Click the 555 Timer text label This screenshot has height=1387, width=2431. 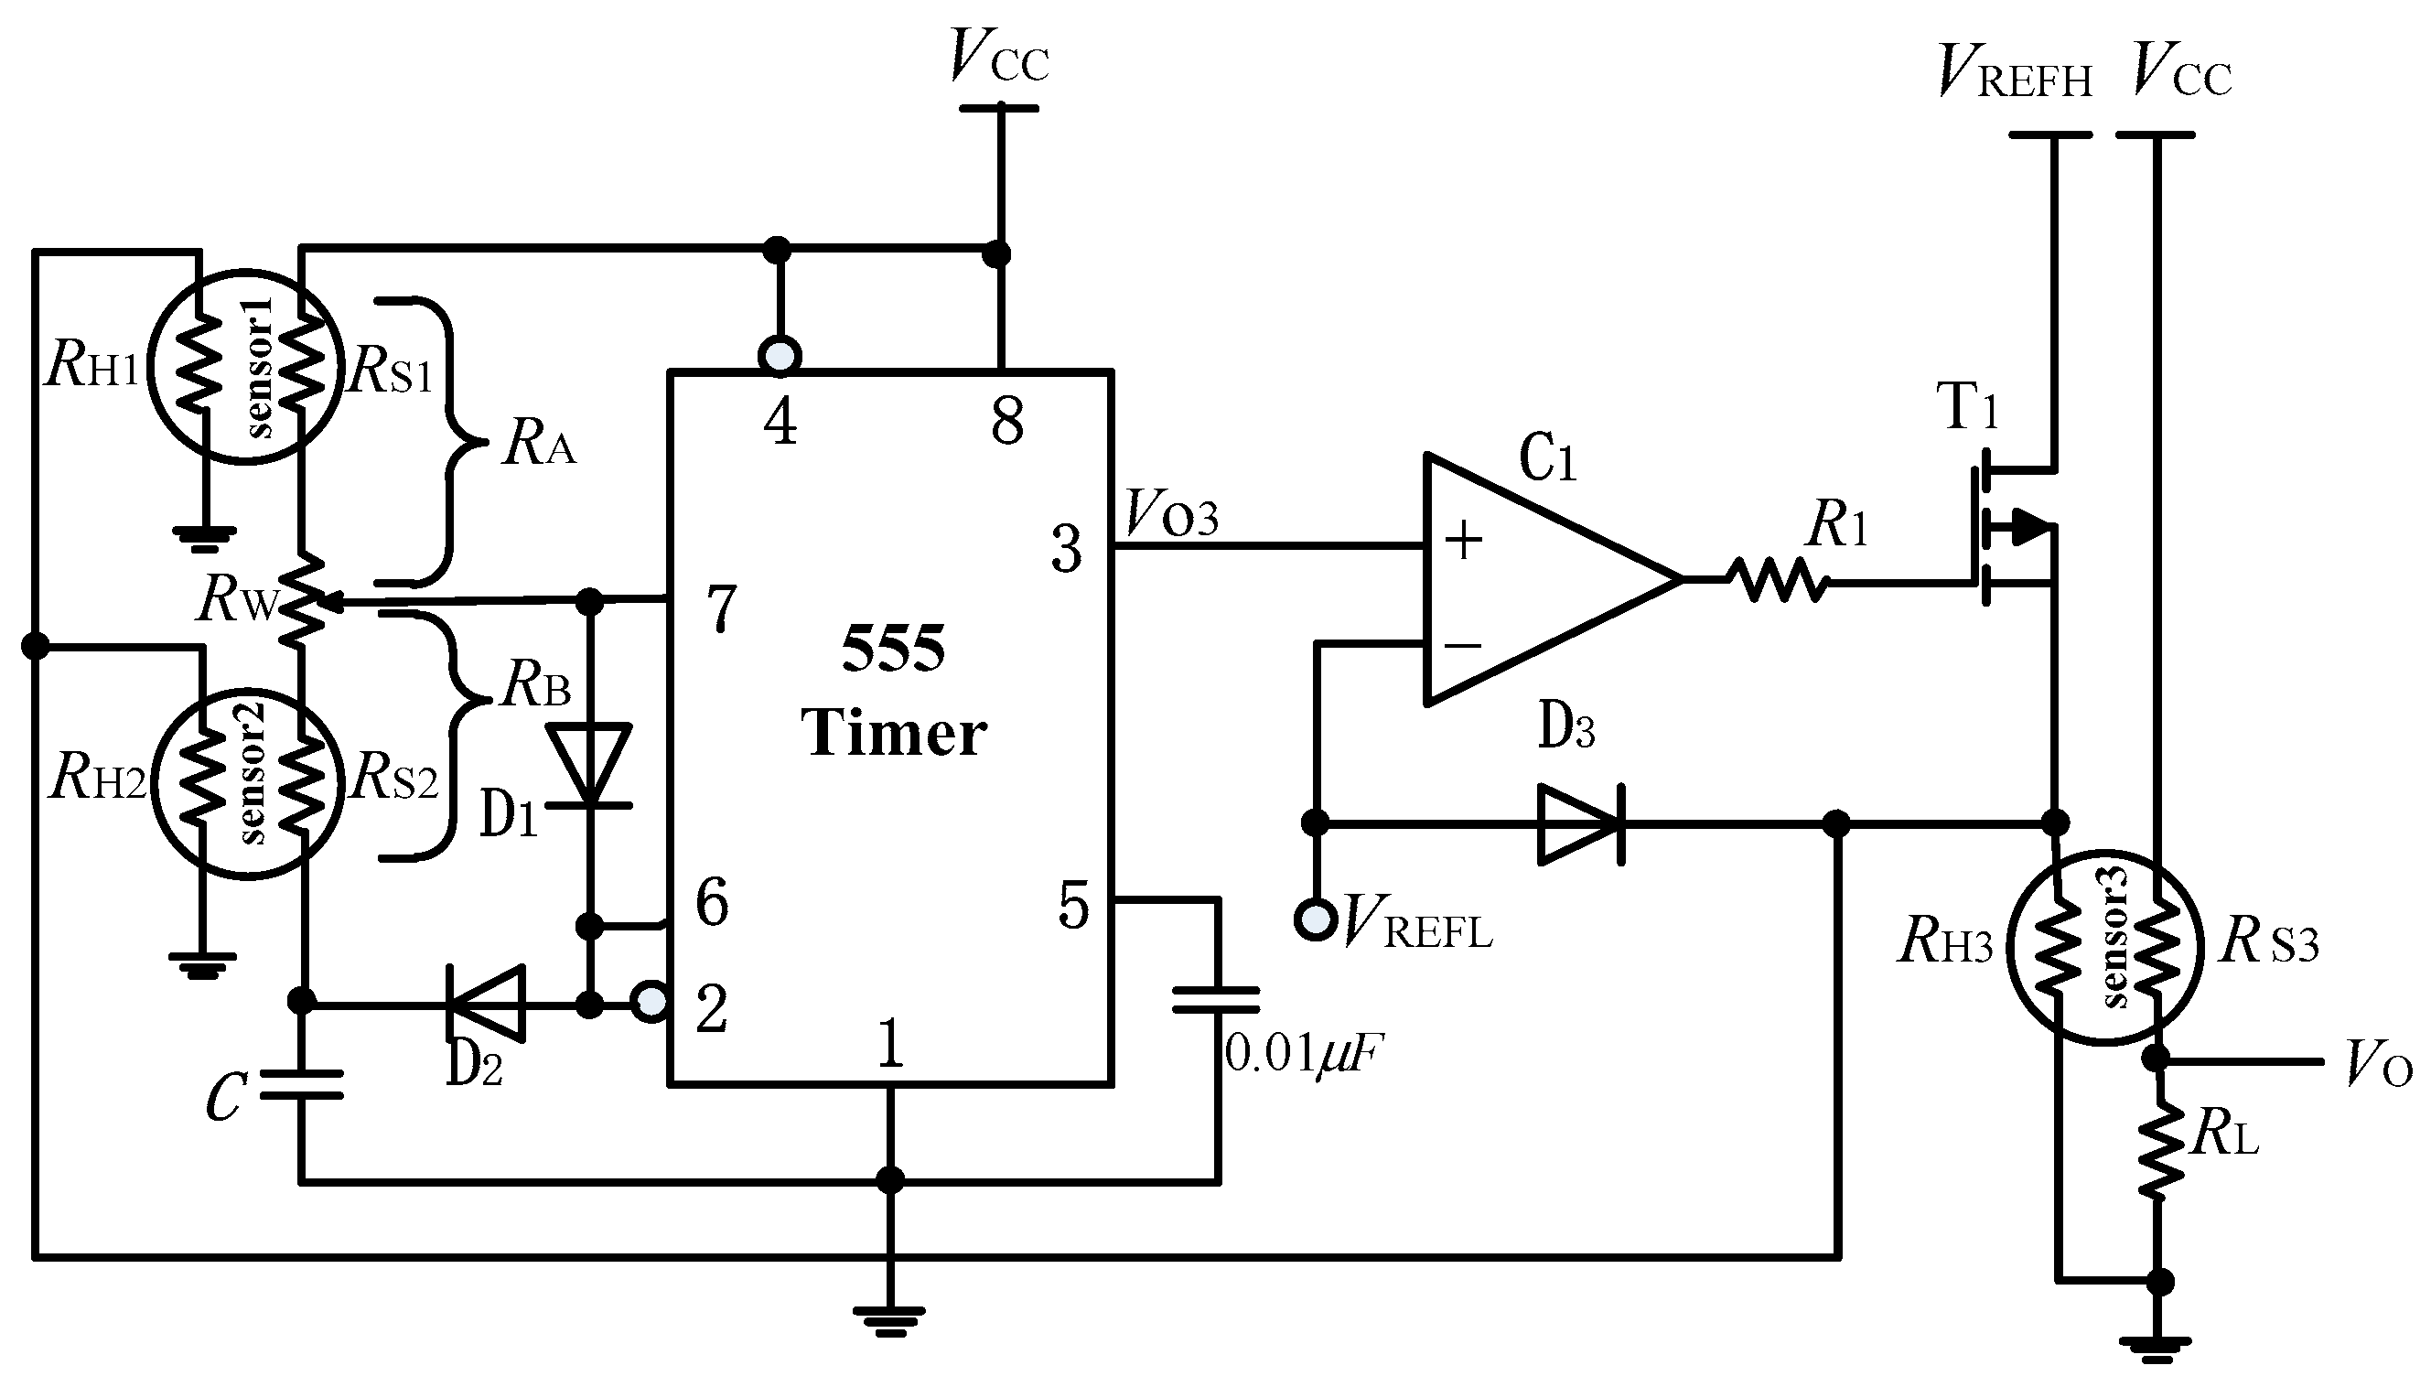(893, 691)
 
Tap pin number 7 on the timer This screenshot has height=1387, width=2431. (722, 607)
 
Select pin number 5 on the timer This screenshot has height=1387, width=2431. (1073, 905)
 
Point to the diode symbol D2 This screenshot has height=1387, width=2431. (486, 1002)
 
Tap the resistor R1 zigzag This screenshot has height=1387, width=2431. (1779, 580)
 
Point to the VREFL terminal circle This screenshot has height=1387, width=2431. (1316, 919)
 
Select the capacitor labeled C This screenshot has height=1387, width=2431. (301, 1084)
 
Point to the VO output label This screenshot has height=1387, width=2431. (2378, 1065)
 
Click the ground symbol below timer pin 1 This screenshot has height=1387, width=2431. (888, 1318)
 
